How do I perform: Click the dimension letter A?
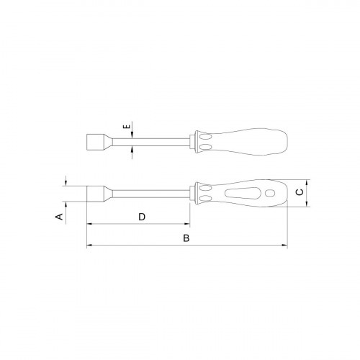(x=61, y=215)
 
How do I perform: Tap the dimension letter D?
(x=142, y=216)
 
